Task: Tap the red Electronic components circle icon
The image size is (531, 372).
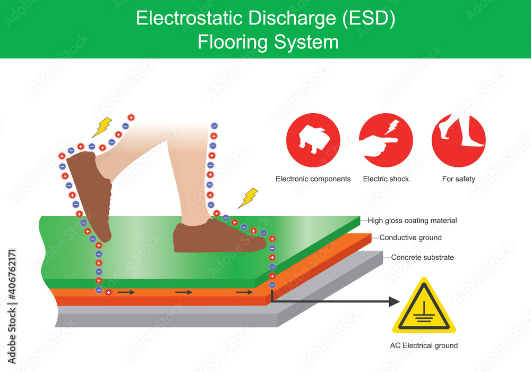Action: pos(313,141)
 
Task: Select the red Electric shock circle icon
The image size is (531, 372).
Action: pos(386,141)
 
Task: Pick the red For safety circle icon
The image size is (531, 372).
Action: pos(458,141)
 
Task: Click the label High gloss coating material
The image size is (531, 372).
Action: pos(412,221)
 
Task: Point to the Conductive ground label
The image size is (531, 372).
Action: pos(410,238)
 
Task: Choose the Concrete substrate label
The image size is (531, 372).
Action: pos(423,257)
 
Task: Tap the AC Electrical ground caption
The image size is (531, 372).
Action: pos(424,345)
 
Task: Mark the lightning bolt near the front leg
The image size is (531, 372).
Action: pos(247,198)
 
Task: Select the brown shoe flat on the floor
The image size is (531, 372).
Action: pos(218,236)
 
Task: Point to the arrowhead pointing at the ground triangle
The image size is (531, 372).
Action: pos(393,302)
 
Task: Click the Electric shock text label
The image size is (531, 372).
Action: pos(386,179)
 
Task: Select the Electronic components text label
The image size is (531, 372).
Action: pos(313,179)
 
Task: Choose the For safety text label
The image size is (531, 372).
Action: pos(458,179)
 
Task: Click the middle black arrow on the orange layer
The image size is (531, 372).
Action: pos(184,292)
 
